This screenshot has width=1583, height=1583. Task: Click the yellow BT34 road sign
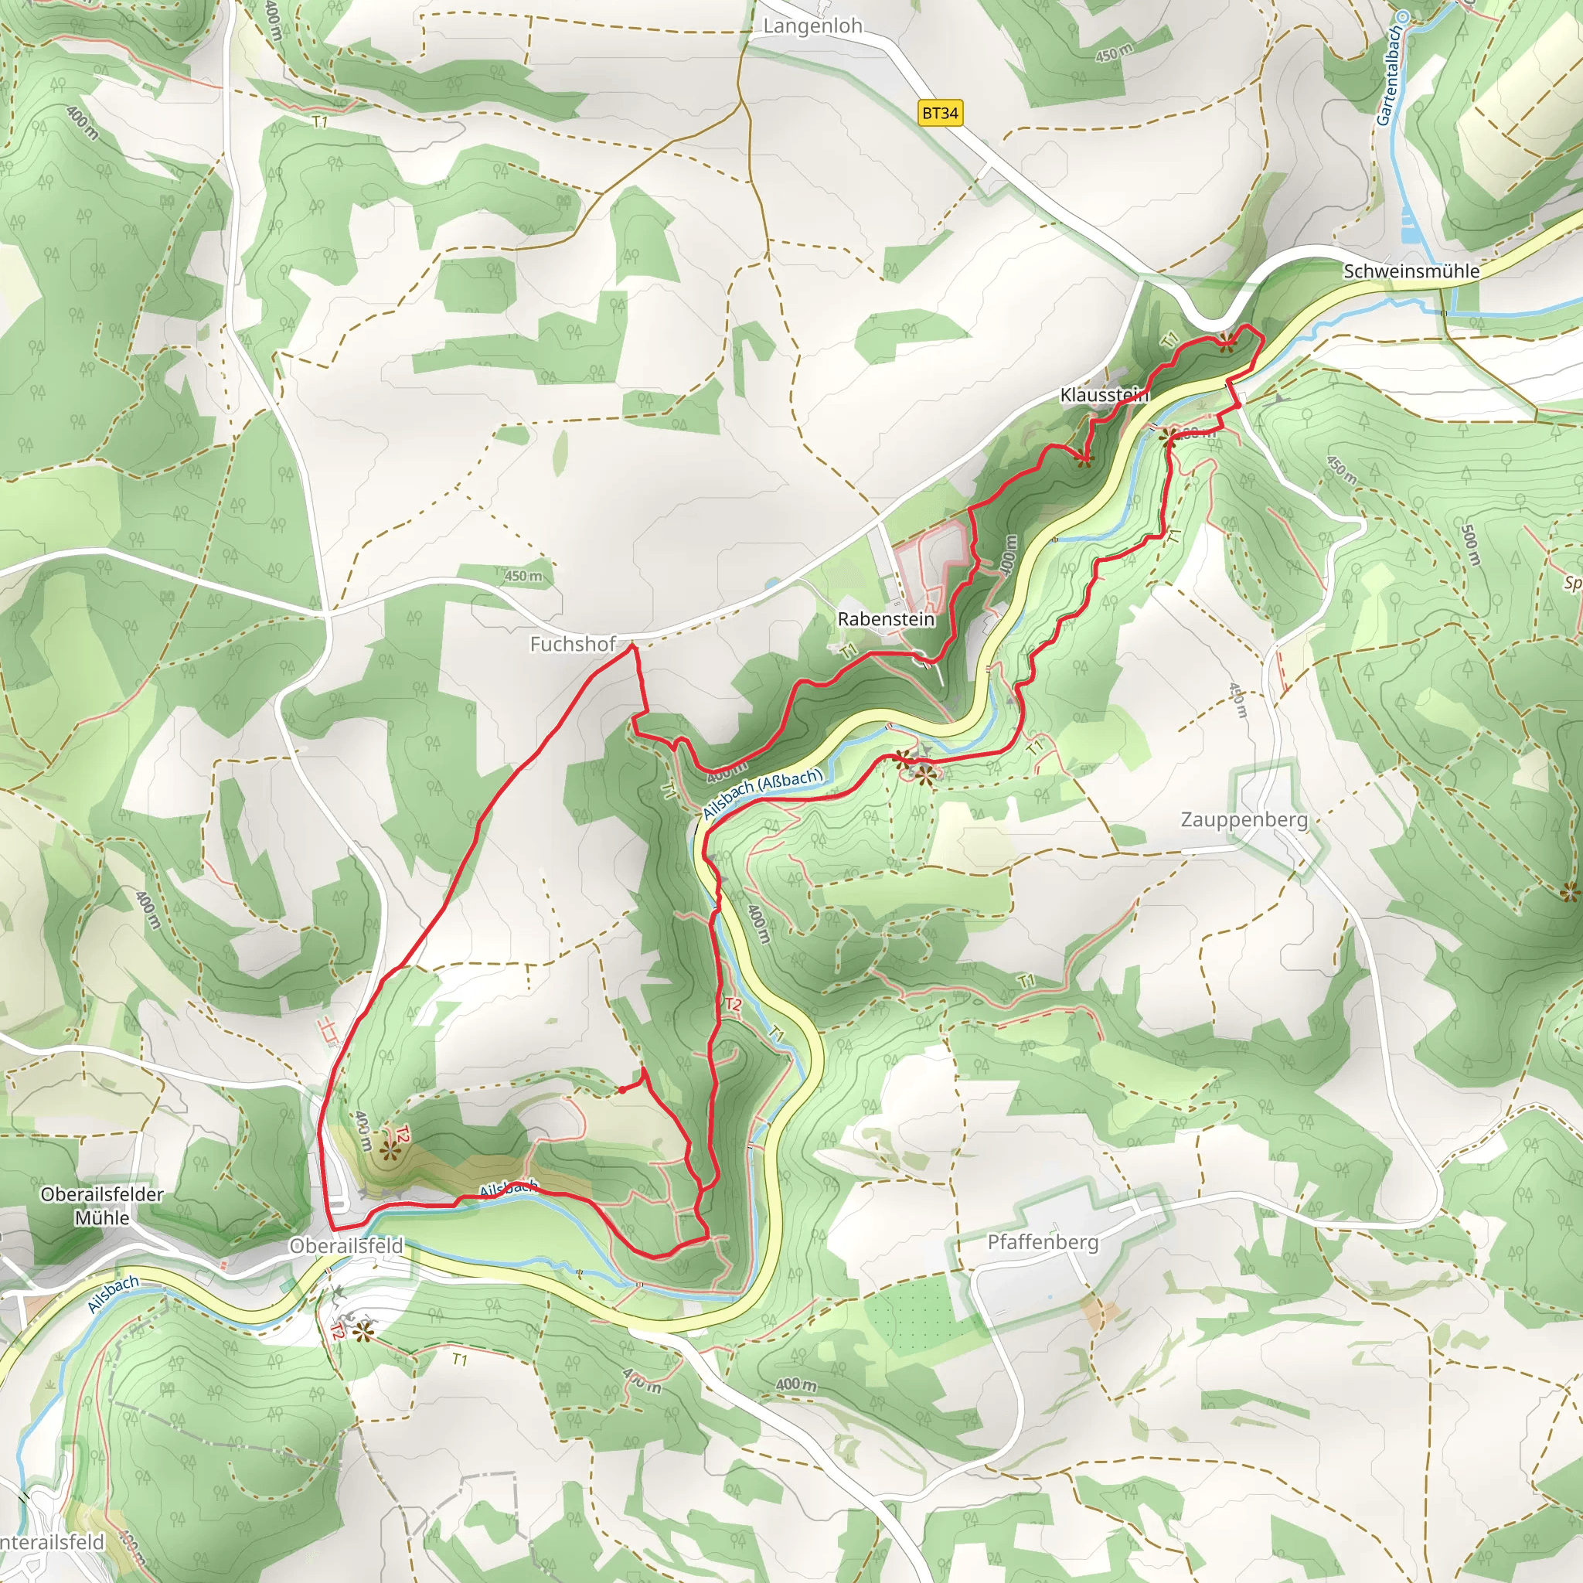click(940, 113)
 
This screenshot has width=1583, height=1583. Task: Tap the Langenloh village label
click(813, 26)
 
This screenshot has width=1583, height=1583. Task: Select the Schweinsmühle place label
click(1411, 271)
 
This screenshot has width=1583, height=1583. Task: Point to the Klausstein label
click(1104, 395)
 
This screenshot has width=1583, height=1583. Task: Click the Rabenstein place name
click(886, 619)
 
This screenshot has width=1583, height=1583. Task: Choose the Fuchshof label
click(573, 644)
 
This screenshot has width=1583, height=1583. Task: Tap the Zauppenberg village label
click(1244, 819)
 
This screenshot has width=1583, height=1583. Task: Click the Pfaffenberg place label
click(1042, 1242)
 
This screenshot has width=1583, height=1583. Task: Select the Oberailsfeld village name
click(346, 1246)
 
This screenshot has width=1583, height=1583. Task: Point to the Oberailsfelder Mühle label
click(103, 1206)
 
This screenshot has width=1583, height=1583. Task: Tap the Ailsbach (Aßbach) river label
click(763, 792)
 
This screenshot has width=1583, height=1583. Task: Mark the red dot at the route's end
click(623, 1090)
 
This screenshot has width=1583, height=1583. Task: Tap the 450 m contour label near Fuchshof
click(523, 576)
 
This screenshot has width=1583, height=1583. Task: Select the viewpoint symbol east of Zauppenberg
click(1571, 892)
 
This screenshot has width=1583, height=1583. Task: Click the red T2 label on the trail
click(732, 1005)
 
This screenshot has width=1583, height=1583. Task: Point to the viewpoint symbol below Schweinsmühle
click(1225, 342)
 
